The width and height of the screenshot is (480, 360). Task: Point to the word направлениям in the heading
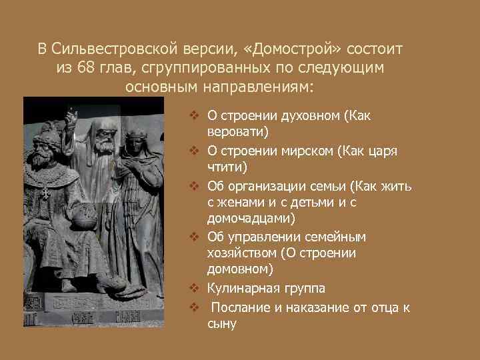(x=266, y=87)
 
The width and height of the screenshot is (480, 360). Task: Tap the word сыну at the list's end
(x=222, y=324)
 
